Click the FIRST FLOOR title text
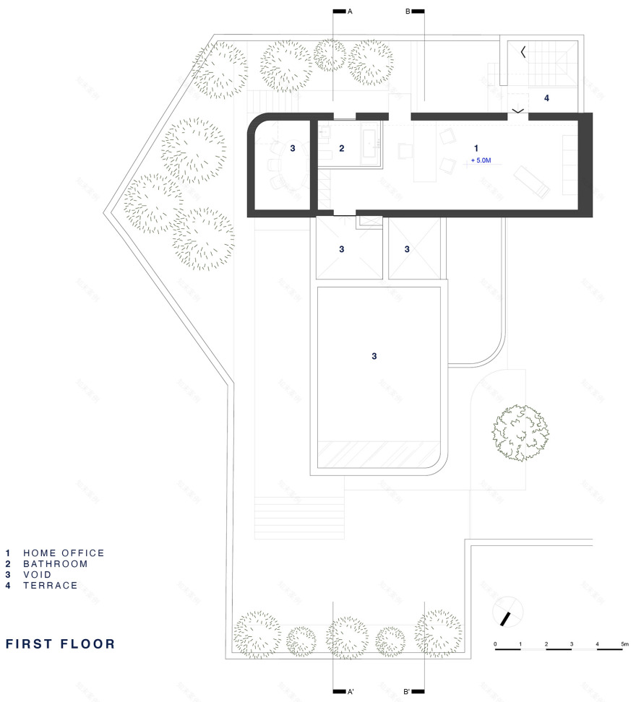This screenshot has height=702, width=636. point(61,643)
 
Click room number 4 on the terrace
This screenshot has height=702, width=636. point(546,97)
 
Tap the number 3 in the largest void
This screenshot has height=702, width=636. point(374,356)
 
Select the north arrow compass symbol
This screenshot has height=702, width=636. point(508,615)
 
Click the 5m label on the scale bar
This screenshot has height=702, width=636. point(624,643)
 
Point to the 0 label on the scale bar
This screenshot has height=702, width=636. point(496,643)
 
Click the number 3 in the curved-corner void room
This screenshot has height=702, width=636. point(293,148)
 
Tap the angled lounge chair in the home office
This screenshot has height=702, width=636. point(532,181)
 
